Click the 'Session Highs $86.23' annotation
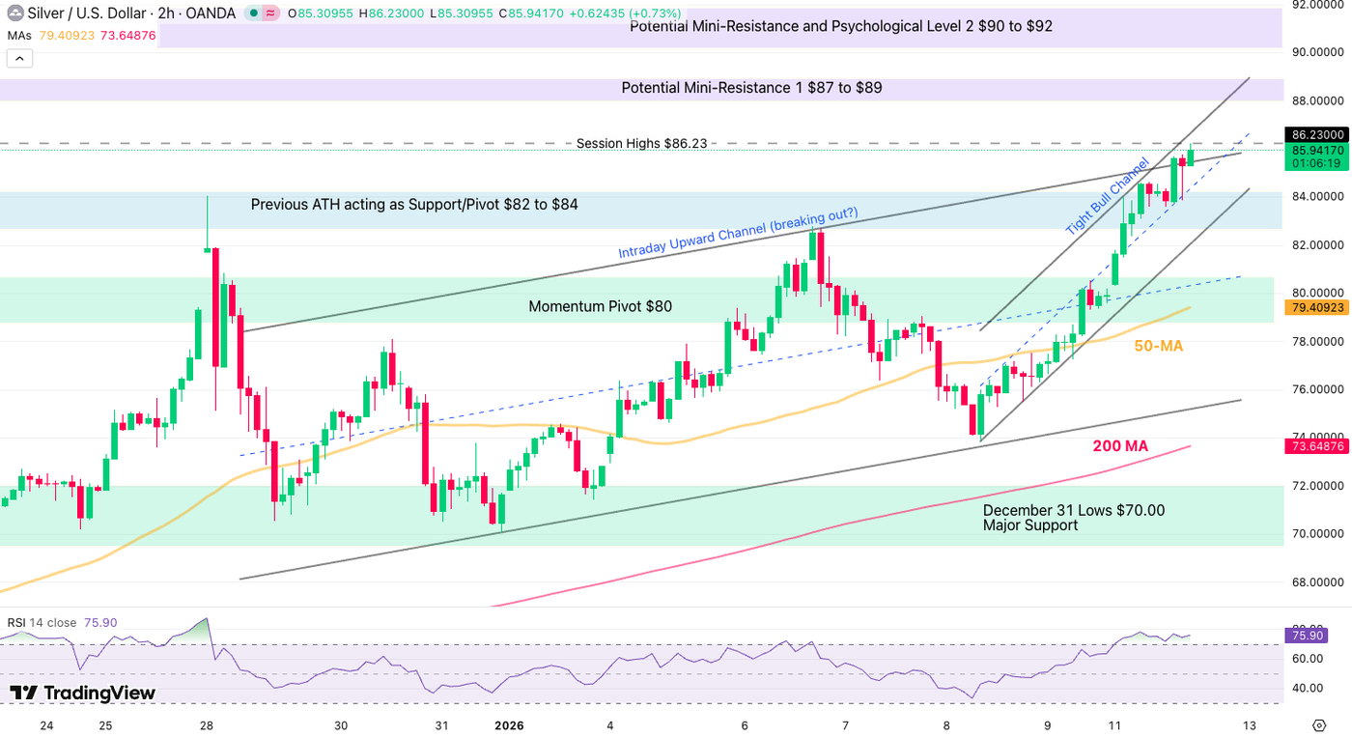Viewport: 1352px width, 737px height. [641, 143]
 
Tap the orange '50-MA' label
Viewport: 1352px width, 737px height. [1158, 346]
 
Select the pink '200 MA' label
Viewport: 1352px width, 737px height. [1120, 446]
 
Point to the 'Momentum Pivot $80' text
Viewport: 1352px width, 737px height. [600, 307]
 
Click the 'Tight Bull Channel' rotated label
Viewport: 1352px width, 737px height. [1107, 196]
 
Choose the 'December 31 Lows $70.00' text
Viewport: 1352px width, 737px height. [1073, 510]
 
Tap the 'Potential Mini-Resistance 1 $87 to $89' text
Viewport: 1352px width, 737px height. [751, 88]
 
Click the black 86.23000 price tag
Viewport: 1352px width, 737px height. [1317, 135]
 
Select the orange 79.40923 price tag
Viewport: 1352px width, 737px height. [1317, 307]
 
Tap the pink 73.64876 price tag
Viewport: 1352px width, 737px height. [1317, 446]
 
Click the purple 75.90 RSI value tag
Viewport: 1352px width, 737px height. [1307, 635]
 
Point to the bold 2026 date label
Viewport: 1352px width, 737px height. [508, 725]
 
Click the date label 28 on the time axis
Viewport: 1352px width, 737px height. [206, 725]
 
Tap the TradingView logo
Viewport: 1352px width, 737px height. [83, 693]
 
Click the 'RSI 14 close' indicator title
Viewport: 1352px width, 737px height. [42, 623]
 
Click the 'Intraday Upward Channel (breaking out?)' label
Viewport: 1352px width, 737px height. [738, 234]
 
